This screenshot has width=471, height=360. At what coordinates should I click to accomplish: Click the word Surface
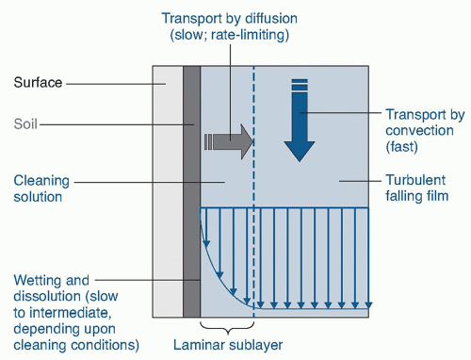tap(38, 83)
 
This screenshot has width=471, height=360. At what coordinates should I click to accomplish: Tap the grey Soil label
tap(25, 123)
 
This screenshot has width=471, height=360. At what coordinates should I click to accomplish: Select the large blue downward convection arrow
tap(300, 120)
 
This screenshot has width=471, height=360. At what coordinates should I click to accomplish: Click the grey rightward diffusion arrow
tap(229, 141)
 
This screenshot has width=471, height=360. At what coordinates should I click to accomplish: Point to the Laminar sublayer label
tap(228, 345)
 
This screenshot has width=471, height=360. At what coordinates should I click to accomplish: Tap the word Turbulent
tap(415, 180)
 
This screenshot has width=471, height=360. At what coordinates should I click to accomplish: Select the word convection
tap(419, 130)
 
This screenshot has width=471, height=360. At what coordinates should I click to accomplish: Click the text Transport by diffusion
tap(230, 18)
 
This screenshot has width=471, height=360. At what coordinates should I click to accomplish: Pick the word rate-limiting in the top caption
tap(250, 35)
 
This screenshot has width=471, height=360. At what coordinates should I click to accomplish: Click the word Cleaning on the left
tap(41, 181)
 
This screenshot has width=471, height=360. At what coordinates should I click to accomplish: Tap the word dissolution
tap(46, 296)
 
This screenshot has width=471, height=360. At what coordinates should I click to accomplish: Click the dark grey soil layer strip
tap(191, 191)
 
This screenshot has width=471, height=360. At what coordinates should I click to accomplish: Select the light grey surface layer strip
tap(168, 191)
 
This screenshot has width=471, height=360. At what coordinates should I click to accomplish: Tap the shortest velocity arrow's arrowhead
tap(206, 244)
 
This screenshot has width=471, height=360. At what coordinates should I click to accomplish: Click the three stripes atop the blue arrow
tap(300, 85)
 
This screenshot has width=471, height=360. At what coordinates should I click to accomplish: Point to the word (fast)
tap(401, 147)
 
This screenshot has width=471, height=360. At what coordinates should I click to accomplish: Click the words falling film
tap(417, 196)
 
